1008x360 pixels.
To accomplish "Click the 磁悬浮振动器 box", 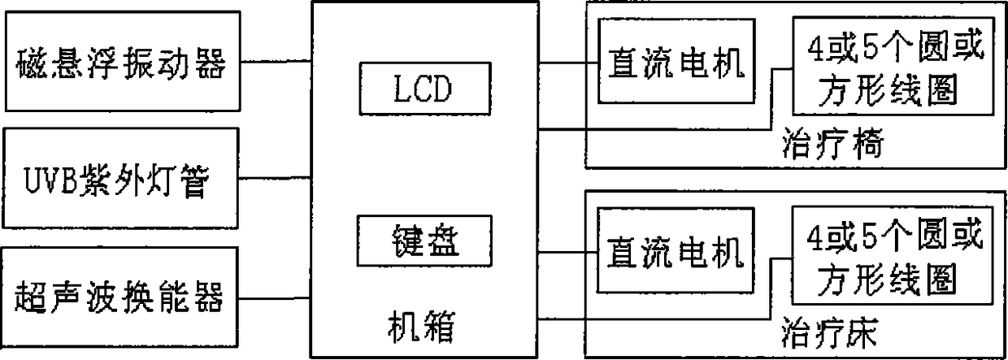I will pyautogui.click(x=121, y=62).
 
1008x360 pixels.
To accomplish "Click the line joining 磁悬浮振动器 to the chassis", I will pyautogui.click(x=276, y=62).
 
